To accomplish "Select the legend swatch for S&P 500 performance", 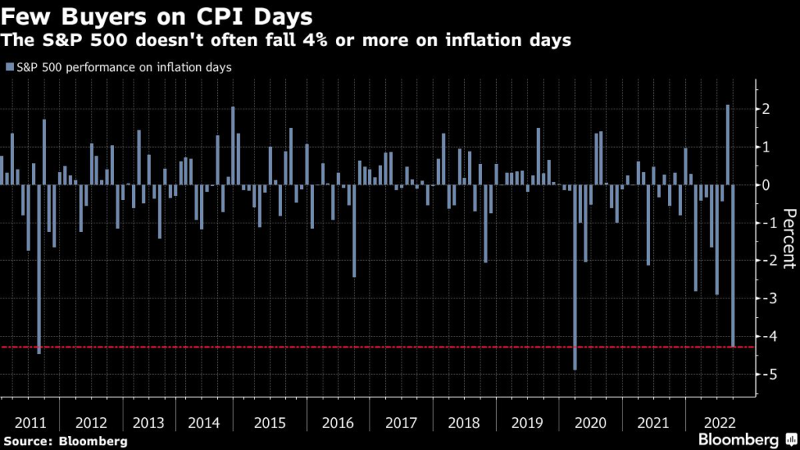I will pyautogui.click(x=9, y=67).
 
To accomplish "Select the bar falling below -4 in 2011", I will pyautogui.click(x=39, y=269).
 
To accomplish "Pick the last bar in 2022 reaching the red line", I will pyautogui.click(x=733, y=266).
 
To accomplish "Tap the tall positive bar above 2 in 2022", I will pyautogui.click(x=727, y=145).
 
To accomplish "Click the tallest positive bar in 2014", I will pyautogui.click(x=233, y=145).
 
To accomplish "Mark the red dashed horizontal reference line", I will pyautogui.click(x=391, y=346).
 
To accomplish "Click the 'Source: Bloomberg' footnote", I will pyautogui.click(x=64, y=441).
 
